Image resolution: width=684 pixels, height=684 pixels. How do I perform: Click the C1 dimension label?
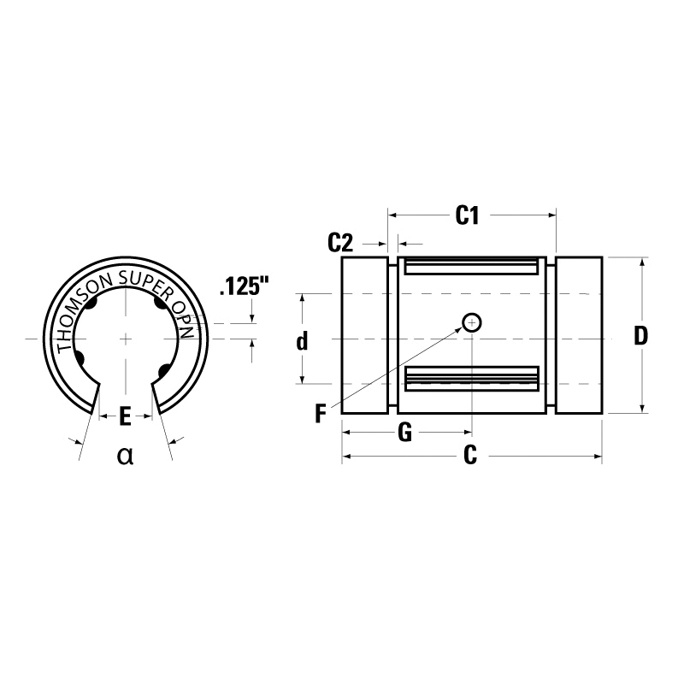click(466, 215)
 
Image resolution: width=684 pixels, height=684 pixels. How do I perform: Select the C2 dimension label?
click(341, 243)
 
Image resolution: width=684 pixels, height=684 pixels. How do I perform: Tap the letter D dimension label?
click(640, 335)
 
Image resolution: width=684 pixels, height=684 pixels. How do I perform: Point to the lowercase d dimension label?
click(302, 342)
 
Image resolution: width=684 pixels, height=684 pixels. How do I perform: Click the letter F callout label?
click(320, 415)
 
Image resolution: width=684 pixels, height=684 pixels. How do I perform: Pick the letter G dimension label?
click(405, 433)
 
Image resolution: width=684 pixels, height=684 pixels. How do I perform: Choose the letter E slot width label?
click(125, 416)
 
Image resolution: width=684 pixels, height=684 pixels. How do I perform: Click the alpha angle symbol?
click(126, 455)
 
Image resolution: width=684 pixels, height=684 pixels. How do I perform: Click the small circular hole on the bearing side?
click(472, 322)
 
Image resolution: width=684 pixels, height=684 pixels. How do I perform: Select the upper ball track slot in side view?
click(472, 267)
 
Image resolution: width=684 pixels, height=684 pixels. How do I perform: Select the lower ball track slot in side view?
click(472, 377)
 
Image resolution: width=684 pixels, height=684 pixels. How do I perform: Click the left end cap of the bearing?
click(365, 335)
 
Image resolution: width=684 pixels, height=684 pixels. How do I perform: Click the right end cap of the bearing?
click(579, 335)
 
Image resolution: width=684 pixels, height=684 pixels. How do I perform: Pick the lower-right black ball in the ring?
click(162, 371)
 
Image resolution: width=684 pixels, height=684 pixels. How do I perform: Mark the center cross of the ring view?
click(126, 339)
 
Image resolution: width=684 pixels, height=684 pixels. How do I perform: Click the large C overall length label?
click(469, 456)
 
